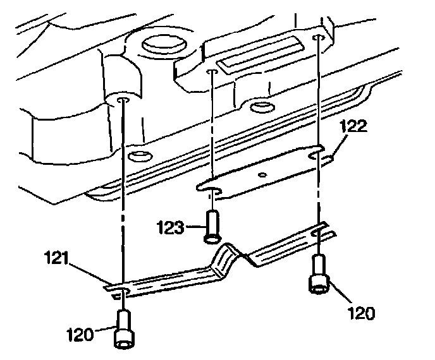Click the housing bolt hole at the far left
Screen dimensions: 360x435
123,100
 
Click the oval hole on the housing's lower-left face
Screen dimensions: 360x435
137,155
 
